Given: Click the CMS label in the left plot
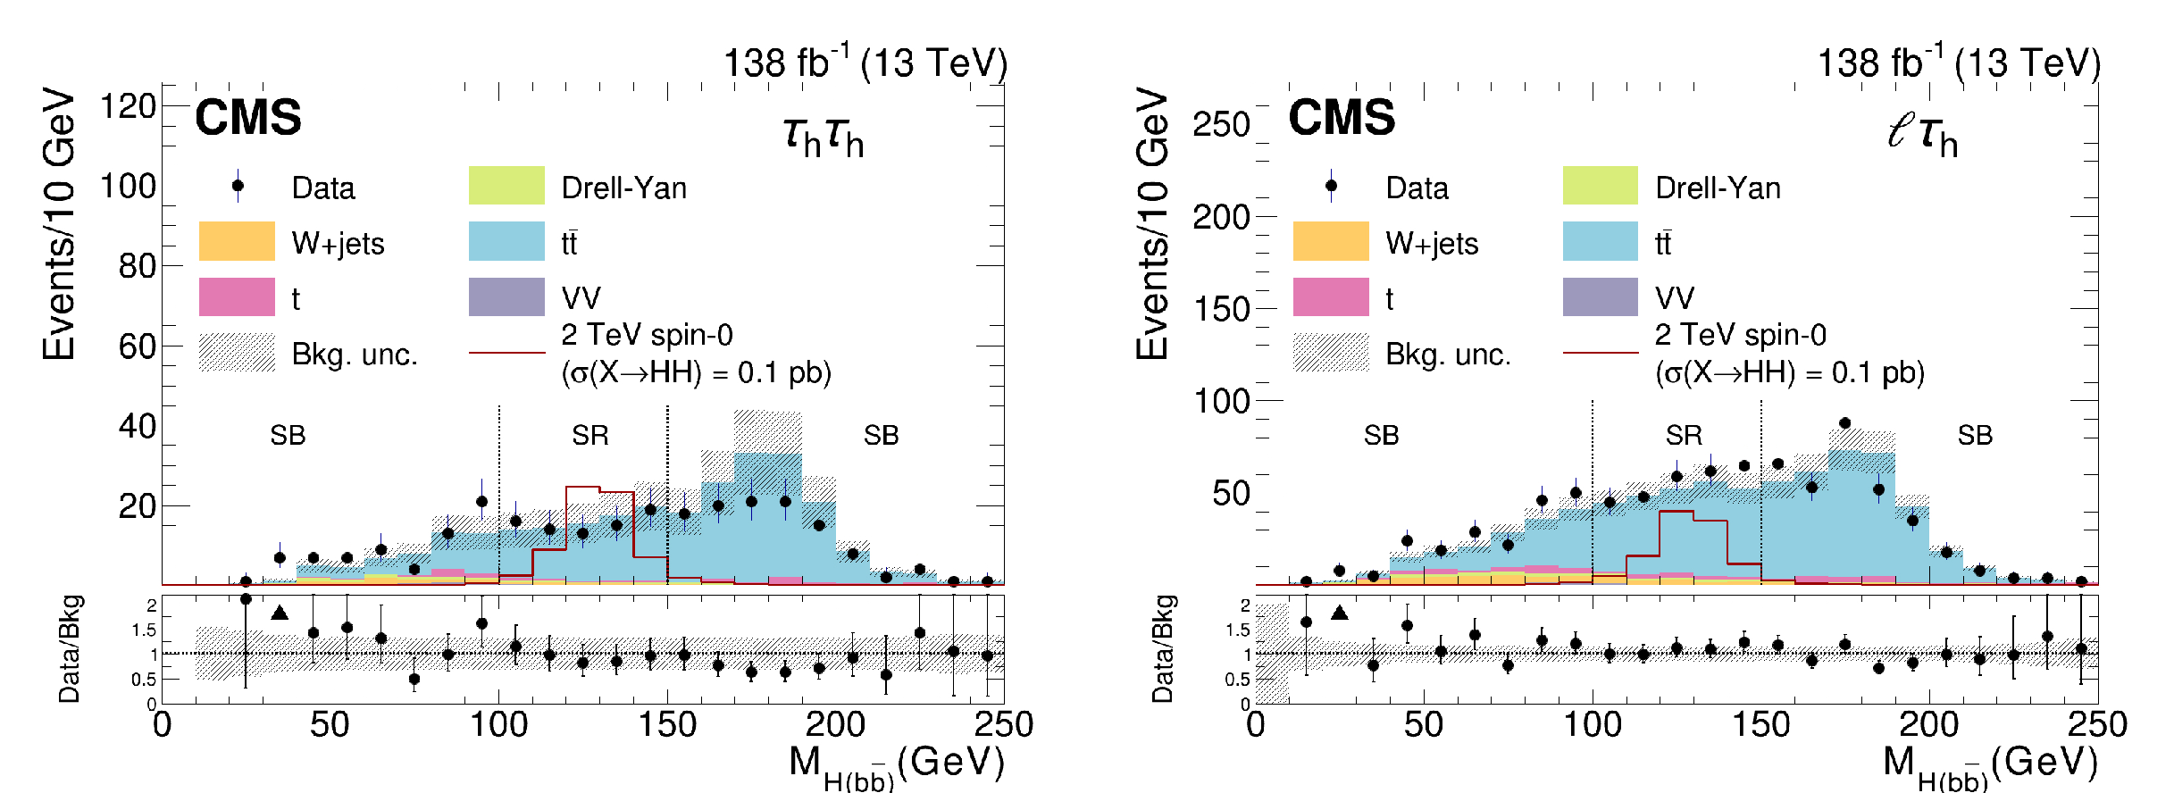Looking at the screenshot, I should (248, 118).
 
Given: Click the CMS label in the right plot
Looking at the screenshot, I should (1342, 118).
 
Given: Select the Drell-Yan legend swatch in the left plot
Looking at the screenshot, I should (506, 186).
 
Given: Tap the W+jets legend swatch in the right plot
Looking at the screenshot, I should (1331, 241).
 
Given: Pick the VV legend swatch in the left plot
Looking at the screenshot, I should (506, 296).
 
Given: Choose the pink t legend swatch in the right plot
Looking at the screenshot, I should (1331, 296).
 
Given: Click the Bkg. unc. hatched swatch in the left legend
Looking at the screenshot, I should (237, 352).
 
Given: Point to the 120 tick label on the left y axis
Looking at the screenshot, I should (128, 106).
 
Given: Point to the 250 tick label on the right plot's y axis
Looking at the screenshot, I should (1221, 125).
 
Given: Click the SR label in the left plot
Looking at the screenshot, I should (590, 436).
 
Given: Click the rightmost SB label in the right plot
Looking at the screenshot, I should (1975, 436).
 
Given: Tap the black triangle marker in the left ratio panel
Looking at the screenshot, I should (280, 613).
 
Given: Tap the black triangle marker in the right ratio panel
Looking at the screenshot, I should (1339, 613).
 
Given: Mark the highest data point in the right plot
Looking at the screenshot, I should (1845, 423).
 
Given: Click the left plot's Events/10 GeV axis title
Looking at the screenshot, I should (59, 223).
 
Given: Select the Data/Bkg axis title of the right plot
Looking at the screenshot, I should (1162, 649).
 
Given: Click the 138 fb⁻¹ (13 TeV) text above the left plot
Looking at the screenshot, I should (865, 63).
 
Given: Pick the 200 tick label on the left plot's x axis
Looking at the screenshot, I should (835, 724).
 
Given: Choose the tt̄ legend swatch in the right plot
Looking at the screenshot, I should (1601, 241).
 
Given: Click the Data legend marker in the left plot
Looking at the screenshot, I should (238, 186).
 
